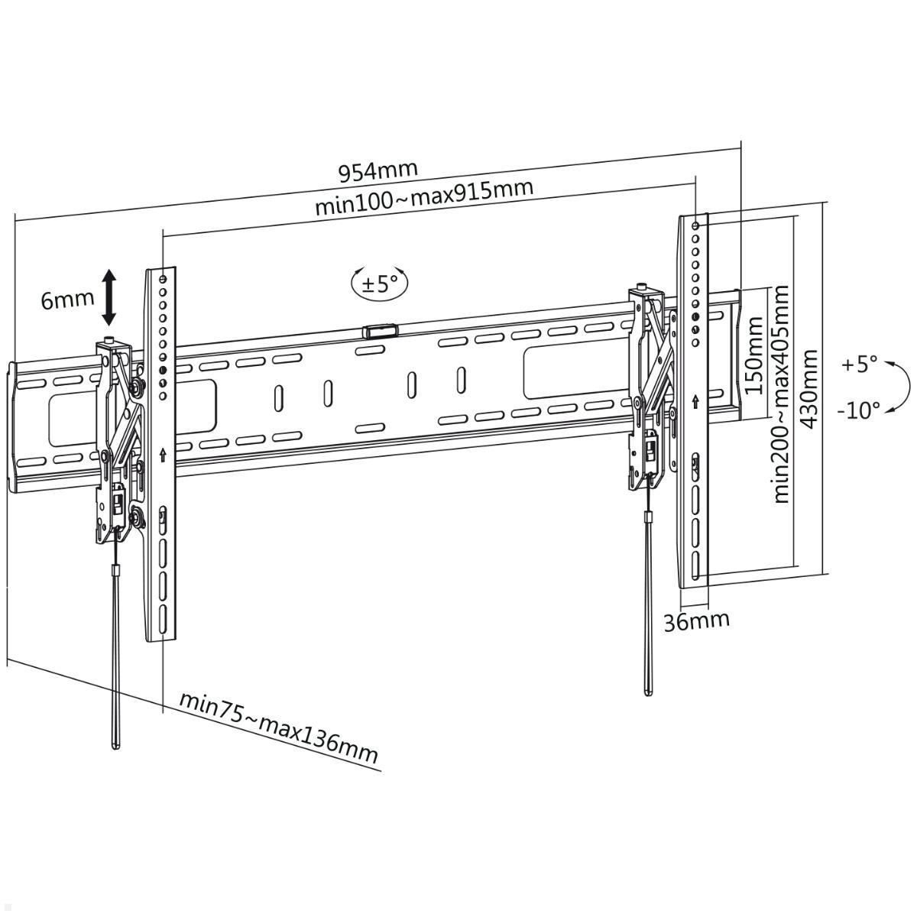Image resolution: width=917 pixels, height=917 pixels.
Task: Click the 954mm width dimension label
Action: click(378, 170)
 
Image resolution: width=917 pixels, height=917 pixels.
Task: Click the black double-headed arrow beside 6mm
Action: click(109, 297)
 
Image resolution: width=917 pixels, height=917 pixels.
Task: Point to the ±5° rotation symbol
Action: click(380, 284)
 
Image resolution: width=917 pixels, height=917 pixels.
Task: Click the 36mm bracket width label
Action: click(695, 621)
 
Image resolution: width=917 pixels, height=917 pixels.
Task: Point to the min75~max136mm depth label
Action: click(279, 727)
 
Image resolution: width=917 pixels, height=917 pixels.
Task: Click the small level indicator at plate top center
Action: click(380, 331)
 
